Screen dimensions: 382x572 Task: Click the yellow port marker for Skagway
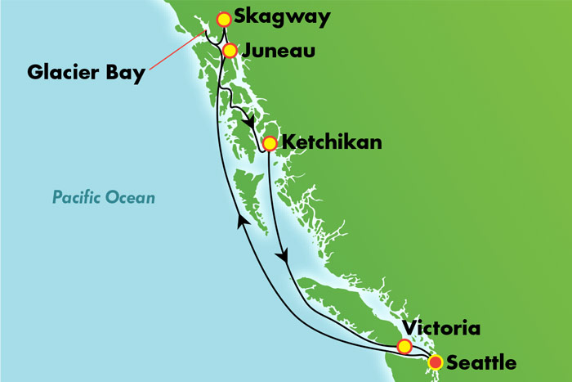tap(223, 19)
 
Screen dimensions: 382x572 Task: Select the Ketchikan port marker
tap(269, 143)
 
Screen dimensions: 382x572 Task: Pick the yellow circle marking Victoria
tap(404, 346)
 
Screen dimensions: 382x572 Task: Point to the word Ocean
tap(131, 197)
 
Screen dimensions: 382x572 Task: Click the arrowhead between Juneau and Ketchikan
tap(248, 124)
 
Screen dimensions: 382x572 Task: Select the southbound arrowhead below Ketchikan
tap(284, 258)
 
